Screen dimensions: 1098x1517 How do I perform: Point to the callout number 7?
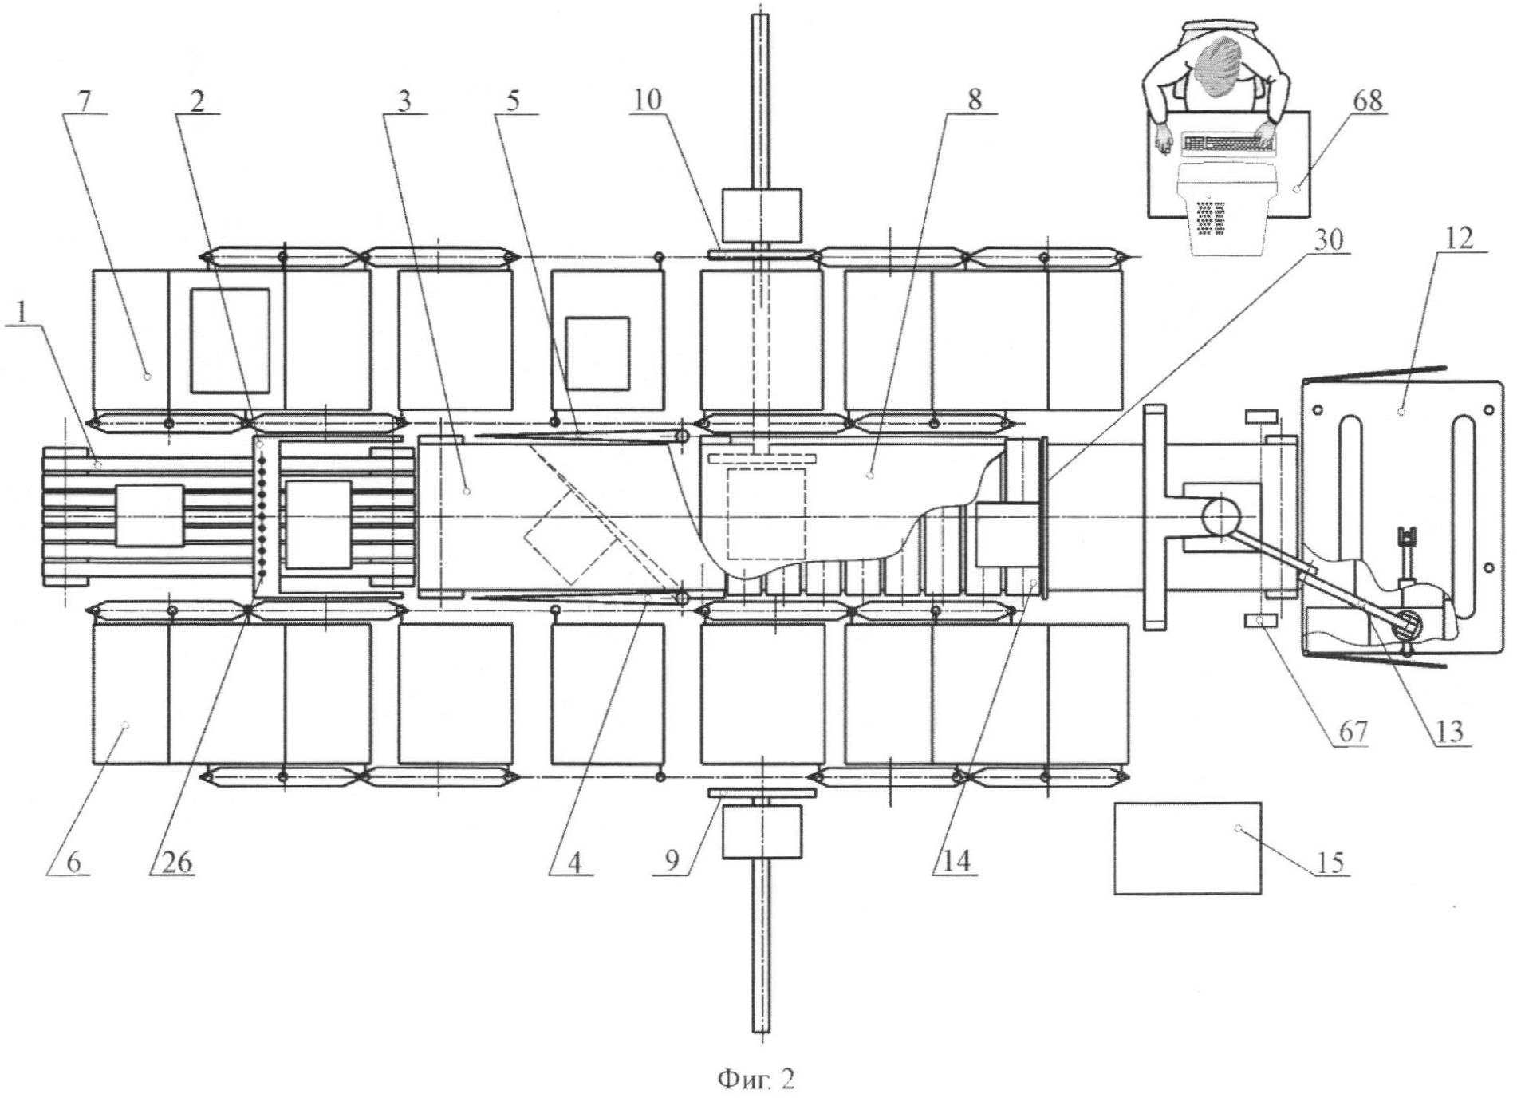(x=85, y=102)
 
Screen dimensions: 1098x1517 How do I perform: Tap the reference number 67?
(x=1353, y=732)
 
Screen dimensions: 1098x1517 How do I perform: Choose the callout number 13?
(x=1449, y=732)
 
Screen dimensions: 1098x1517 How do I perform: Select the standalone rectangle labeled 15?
(x=1188, y=847)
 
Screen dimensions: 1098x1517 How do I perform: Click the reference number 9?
(x=672, y=863)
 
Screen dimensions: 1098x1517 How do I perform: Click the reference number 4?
(x=574, y=863)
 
